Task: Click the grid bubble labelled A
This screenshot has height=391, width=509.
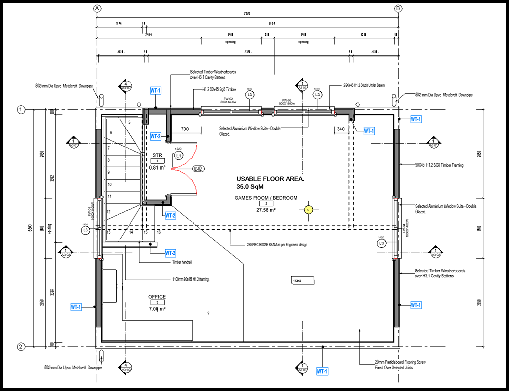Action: (98, 8)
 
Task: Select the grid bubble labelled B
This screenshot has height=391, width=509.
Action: (398, 8)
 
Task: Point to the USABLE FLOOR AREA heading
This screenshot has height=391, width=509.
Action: (271, 179)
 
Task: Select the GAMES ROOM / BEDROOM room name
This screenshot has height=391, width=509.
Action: (266, 198)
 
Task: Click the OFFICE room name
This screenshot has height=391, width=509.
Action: (157, 297)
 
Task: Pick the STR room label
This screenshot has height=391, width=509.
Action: (157, 155)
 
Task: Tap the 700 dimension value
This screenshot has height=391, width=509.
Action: (185, 130)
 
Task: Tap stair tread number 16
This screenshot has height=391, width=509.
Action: (159, 232)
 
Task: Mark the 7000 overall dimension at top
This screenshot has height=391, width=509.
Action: (247, 14)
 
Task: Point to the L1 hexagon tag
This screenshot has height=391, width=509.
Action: (178, 156)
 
